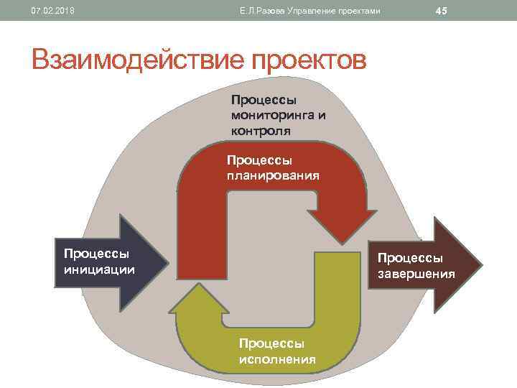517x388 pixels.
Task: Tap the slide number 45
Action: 441,11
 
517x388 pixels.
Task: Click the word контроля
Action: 261,131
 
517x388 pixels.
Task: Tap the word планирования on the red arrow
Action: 273,175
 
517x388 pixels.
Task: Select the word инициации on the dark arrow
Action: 99,269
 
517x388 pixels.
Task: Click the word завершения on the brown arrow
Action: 417,274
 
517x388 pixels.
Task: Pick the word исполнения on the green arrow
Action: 277,359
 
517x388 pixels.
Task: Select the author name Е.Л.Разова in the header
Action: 262,11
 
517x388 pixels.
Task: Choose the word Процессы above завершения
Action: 411,258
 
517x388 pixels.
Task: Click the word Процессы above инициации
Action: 96,254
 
